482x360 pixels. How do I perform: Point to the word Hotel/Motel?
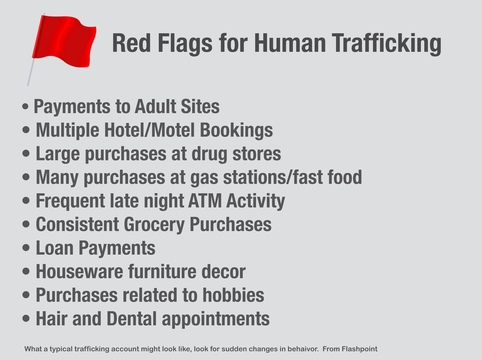point(149,130)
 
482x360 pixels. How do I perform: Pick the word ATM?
point(205,201)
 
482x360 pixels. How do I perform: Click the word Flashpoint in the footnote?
point(360,349)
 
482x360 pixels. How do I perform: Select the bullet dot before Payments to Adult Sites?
point(25,106)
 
